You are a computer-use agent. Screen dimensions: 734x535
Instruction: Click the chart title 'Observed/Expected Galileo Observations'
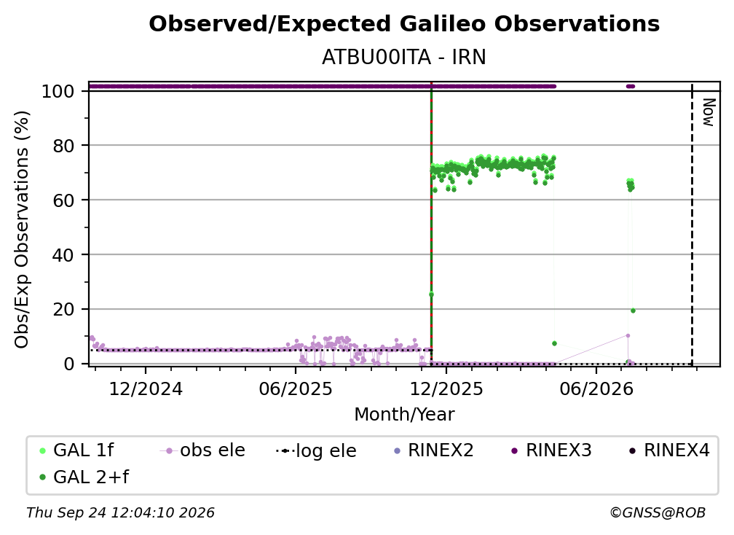click(404, 24)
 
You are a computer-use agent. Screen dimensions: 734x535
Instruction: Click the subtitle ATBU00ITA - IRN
click(404, 57)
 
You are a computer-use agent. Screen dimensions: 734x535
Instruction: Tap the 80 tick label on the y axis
click(63, 146)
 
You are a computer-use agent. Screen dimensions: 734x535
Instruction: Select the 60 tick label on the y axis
click(63, 200)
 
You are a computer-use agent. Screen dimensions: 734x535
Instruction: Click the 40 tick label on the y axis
click(63, 255)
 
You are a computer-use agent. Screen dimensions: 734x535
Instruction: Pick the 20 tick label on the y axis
click(63, 309)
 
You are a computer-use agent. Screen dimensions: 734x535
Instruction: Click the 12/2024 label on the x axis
click(146, 388)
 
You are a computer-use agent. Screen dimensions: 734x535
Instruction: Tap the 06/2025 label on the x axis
click(296, 388)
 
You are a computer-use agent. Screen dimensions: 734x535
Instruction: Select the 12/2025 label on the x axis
click(446, 388)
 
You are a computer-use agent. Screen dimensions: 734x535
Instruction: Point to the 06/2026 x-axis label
click(596, 388)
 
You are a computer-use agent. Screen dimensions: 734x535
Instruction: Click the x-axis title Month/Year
click(404, 414)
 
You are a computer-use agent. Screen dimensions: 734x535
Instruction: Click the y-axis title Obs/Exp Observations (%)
click(22, 229)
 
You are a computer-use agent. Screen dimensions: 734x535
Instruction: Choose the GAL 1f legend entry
click(76, 450)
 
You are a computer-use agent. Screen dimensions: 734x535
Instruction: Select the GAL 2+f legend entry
click(84, 477)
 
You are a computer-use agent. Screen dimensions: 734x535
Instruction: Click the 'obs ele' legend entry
click(202, 450)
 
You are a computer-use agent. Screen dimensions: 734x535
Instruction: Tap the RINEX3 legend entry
click(550, 450)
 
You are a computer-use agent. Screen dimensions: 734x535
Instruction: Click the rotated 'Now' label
click(709, 112)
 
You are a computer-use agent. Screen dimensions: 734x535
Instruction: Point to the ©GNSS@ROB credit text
click(658, 512)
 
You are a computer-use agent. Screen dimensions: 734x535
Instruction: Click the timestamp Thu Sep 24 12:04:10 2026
click(120, 512)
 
